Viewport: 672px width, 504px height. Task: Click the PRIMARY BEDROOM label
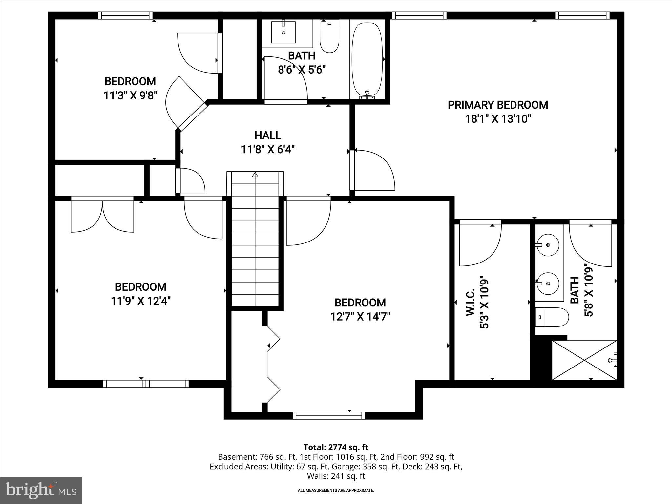498,105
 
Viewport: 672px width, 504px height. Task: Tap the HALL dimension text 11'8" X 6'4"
268,150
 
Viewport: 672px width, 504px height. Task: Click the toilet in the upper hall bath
329,36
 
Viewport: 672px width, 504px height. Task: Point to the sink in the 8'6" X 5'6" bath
283,32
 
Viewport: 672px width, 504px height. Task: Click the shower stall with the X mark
584,360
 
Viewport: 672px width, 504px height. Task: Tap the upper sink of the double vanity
548,245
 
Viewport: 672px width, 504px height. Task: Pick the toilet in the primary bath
552,317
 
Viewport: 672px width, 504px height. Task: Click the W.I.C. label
471,302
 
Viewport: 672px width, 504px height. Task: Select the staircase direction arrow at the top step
255,175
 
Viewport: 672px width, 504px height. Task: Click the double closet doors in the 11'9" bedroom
102,215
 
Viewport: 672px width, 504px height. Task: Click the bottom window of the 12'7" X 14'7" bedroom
328,416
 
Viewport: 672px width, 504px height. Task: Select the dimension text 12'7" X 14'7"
360,317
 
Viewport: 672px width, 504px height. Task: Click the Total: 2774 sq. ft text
336,447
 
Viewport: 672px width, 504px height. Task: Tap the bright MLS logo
41,491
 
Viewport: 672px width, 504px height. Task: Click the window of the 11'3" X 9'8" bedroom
125,15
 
